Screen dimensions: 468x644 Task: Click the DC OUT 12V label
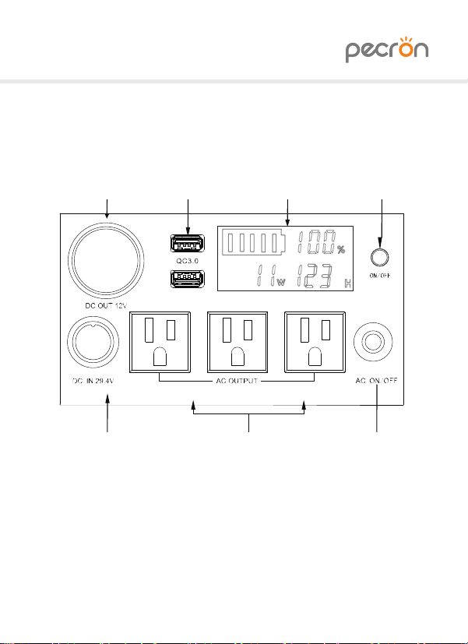coord(106,305)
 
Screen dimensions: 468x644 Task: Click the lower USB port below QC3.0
coord(187,280)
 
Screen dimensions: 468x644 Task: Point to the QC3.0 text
coord(187,261)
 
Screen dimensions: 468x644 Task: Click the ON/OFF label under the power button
coord(380,276)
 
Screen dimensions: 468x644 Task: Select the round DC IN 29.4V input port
coord(93,342)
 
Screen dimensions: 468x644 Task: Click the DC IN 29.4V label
coord(93,381)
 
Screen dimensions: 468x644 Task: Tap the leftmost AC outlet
coord(160,343)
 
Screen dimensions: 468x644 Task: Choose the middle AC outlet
coord(238,343)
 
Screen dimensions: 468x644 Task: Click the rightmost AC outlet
coord(315,343)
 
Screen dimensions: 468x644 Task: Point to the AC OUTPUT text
coord(237,381)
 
